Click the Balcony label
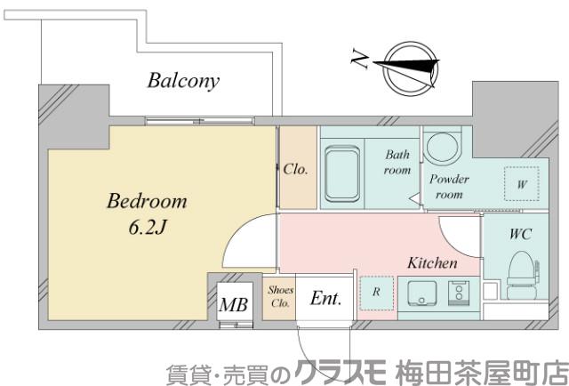(x=183, y=82)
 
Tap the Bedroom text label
(x=147, y=200)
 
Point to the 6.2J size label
(x=144, y=227)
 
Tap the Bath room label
(x=397, y=162)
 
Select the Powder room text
(x=449, y=186)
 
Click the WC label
(x=521, y=237)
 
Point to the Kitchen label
(x=432, y=263)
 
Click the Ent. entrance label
(x=326, y=300)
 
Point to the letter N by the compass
(x=359, y=60)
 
